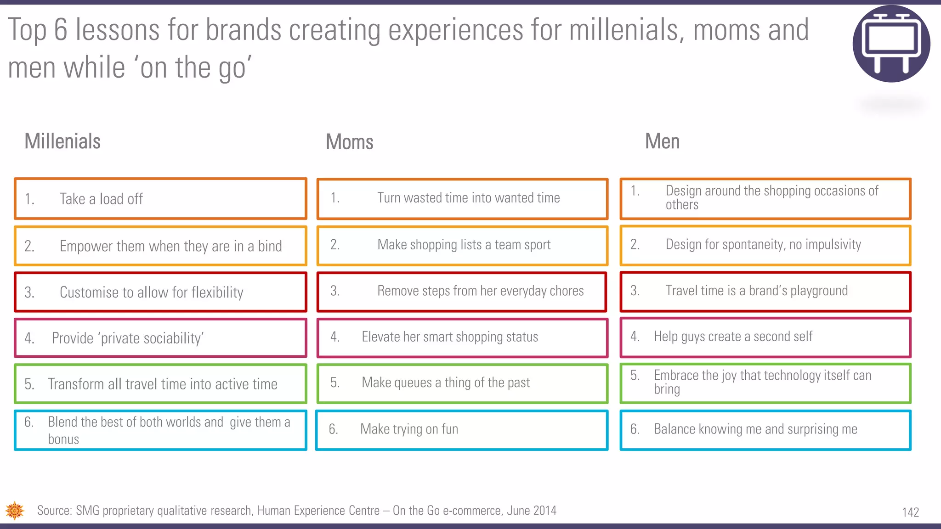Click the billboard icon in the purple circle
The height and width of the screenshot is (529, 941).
pos(891,44)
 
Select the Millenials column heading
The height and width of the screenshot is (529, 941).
pos(62,141)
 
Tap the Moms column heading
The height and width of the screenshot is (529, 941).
pos(349,142)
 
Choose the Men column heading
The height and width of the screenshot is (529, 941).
pos(662,141)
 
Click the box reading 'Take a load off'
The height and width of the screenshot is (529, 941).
pos(160,199)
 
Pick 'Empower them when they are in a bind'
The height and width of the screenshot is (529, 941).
pos(160,246)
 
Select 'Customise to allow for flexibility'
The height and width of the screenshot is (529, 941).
pos(160,292)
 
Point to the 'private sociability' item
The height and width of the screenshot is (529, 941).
pos(160,338)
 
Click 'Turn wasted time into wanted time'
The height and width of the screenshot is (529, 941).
pos(462,198)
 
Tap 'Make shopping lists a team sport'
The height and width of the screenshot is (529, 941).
pos(462,245)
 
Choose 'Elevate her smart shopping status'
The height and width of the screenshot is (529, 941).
pos(462,337)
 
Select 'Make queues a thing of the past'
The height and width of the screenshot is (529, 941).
pos(462,383)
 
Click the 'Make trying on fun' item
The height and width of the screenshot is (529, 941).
pos(462,429)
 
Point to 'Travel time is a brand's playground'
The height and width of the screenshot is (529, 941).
pos(765,291)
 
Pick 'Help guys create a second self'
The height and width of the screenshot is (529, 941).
pos(765,337)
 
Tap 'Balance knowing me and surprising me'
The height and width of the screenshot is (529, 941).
pos(765,429)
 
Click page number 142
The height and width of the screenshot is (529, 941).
pos(910,512)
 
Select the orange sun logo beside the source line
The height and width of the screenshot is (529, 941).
pos(15,511)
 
